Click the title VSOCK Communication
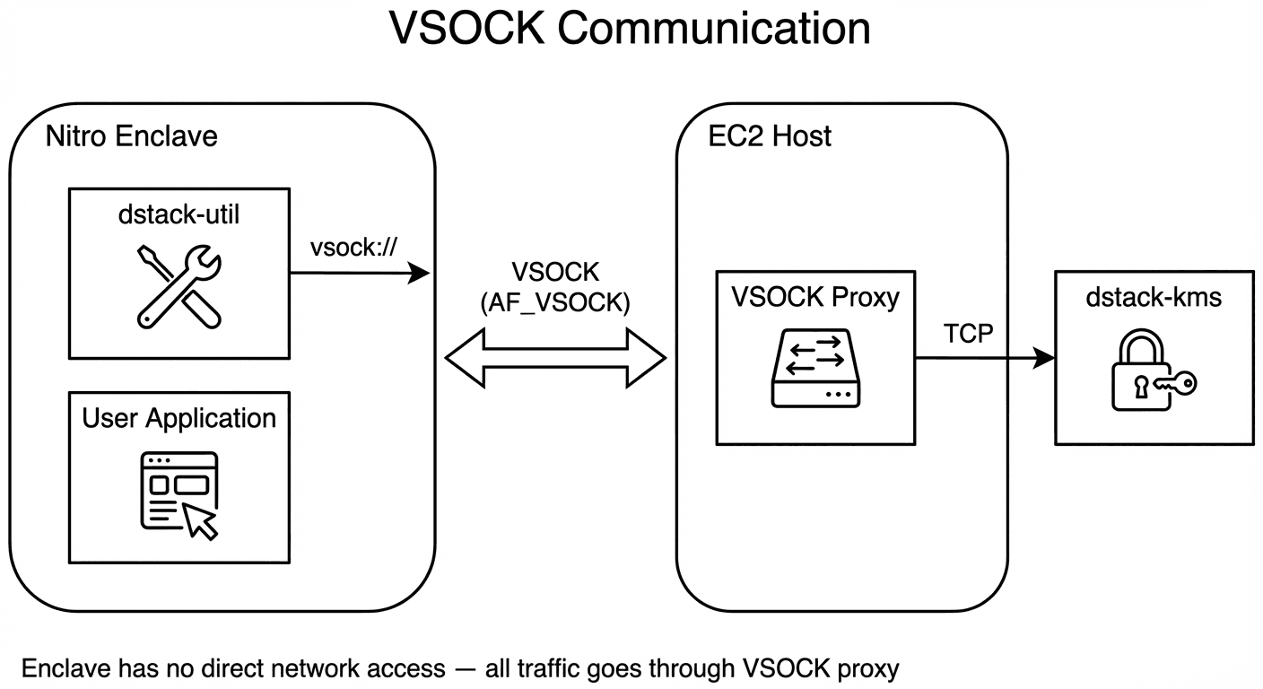coord(630,29)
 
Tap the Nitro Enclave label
coord(131,136)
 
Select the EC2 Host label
coord(770,136)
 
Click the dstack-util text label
coord(179,216)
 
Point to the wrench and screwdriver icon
coord(179,285)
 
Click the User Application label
coord(179,418)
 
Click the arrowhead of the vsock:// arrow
coord(420,274)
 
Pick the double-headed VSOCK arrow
coord(556,359)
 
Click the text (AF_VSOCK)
coord(556,303)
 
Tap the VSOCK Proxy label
coord(815,297)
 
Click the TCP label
coord(969,334)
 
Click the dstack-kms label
coord(1154,297)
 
